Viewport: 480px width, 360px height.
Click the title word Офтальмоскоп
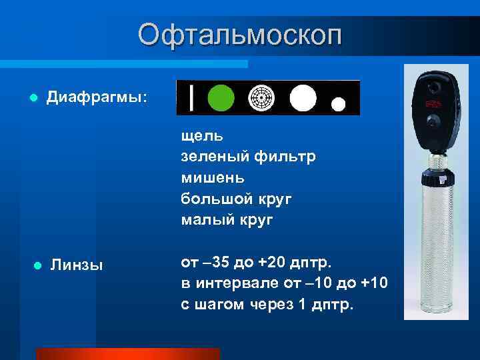pos(240,35)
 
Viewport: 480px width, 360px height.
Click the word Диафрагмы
pos(97,97)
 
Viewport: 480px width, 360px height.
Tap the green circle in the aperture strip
pos(221,98)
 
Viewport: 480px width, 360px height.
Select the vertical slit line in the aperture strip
pos(192,98)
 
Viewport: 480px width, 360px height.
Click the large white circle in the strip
pos(303,98)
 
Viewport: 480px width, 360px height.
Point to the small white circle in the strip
pos(339,104)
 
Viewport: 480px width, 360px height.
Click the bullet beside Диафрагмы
pos(31,98)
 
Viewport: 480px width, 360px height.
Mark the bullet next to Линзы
pos(37,265)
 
